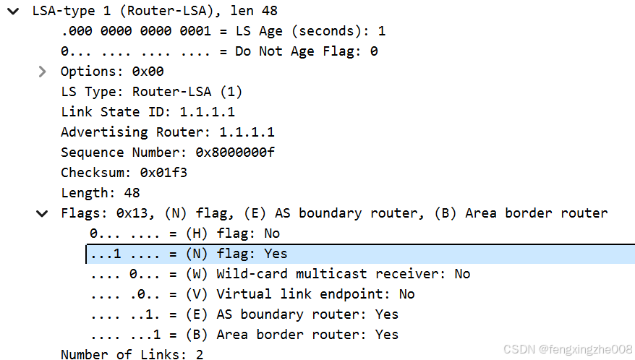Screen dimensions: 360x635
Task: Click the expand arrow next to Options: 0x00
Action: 42,72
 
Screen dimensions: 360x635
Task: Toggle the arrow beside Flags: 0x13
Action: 42,213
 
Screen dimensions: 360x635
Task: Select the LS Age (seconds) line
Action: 223,31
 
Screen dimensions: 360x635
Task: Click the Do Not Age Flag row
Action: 219,51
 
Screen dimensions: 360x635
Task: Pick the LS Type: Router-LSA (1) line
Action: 151,92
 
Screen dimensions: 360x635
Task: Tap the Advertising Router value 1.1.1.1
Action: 247,132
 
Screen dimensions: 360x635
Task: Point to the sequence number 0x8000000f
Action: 235,153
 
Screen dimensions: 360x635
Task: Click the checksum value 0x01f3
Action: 163,173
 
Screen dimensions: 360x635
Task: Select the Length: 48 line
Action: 100,193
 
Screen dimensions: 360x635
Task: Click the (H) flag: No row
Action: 184,233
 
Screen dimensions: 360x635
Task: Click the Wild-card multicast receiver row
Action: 280,274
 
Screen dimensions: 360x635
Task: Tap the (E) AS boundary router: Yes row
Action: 244,314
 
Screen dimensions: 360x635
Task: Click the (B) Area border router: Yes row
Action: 244,335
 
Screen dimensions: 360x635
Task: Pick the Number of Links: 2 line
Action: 132,354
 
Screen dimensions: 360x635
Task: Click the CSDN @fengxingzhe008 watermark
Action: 568,349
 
